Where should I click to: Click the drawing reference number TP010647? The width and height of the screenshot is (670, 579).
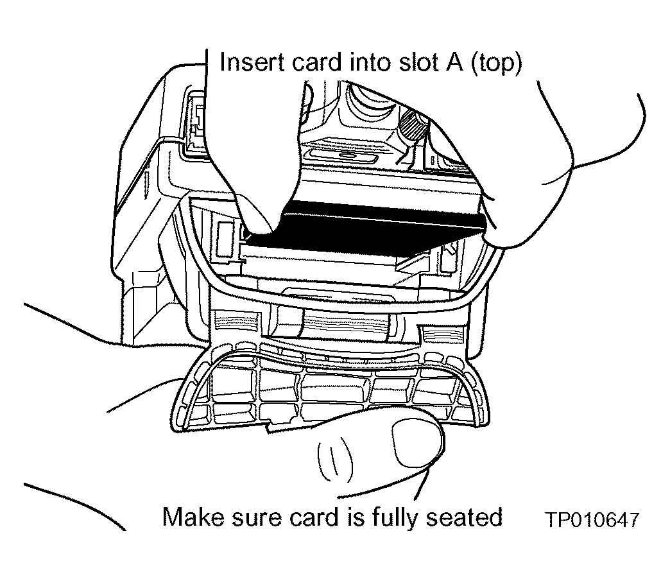tap(593, 520)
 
